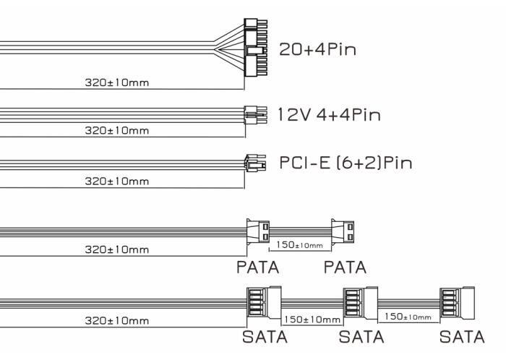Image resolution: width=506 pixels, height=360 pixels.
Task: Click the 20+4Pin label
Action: click(x=317, y=50)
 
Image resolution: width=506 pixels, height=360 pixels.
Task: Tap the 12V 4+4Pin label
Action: click(x=329, y=115)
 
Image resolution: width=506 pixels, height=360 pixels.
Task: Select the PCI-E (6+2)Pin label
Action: click(x=346, y=163)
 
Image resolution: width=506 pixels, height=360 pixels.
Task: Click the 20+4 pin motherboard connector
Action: click(x=256, y=48)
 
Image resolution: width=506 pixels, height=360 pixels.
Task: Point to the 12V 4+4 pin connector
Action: click(x=256, y=115)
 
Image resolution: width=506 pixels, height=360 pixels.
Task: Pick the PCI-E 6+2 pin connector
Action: click(x=255, y=163)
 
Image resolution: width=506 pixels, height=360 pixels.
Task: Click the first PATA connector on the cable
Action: click(x=258, y=232)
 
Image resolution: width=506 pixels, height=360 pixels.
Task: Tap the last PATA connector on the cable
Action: click(x=343, y=232)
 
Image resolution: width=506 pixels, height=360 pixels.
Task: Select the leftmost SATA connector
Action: click(x=264, y=303)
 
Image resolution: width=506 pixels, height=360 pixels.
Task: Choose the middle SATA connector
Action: click(x=360, y=303)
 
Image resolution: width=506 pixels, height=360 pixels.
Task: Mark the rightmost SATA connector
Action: click(x=458, y=303)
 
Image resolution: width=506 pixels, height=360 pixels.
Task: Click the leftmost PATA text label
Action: click(x=257, y=267)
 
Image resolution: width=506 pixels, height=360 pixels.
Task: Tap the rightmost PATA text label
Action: click(x=345, y=267)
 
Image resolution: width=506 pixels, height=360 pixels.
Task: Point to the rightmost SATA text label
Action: click(x=462, y=337)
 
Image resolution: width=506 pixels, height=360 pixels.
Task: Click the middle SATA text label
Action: click(x=361, y=337)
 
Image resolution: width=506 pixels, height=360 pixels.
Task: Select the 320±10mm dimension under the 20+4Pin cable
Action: click(x=117, y=82)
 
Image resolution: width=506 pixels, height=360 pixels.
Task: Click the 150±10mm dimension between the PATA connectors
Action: click(x=299, y=245)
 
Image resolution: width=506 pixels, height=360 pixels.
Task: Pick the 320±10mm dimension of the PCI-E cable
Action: click(x=117, y=181)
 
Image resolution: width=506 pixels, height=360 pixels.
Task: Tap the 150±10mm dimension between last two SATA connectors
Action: click(x=408, y=317)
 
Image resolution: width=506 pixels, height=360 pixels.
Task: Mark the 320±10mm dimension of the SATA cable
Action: click(x=117, y=321)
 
